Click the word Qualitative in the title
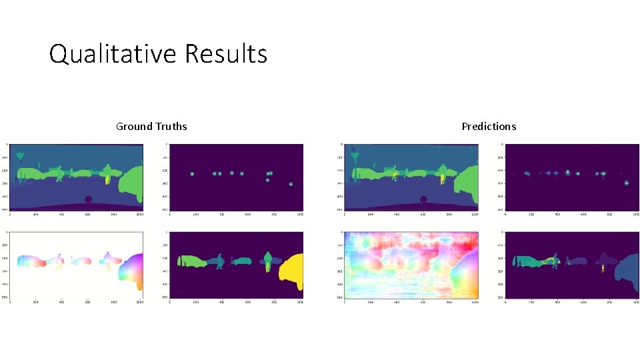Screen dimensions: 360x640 click(113, 53)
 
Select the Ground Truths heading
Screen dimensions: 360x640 click(151, 126)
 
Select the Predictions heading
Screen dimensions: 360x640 click(489, 126)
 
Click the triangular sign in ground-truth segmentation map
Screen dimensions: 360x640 click(21, 158)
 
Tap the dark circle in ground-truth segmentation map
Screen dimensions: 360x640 click(89, 199)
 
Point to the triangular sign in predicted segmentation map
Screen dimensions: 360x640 click(355, 158)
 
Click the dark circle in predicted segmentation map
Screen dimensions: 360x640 click(423, 199)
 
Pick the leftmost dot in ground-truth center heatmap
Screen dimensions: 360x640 click(191, 174)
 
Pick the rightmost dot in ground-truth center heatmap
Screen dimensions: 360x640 click(291, 184)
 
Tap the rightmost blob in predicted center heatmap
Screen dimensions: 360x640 click(626, 183)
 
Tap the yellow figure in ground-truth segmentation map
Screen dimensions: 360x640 click(108, 179)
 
